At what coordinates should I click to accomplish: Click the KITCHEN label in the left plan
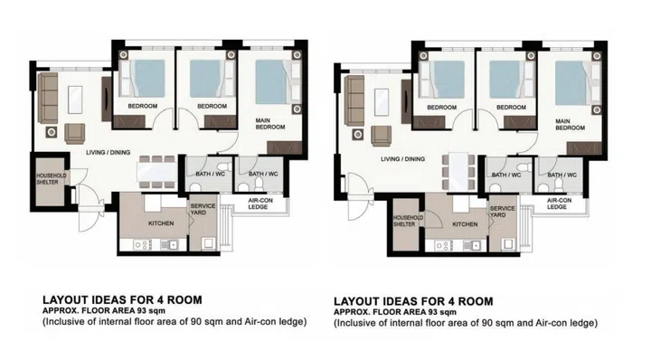click(161, 223)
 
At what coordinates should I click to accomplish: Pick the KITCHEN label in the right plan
click(465, 223)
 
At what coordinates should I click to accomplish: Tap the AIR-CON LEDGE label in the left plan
click(252, 204)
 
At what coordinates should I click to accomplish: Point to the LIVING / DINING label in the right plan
click(402, 158)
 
